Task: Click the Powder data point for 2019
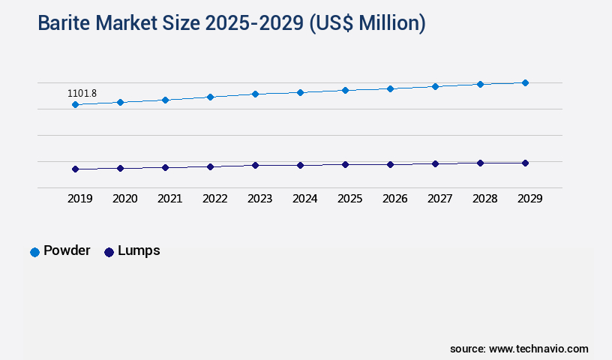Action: click(75, 104)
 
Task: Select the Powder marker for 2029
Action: click(525, 82)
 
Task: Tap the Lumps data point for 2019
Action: click(75, 169)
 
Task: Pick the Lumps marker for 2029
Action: click(525, 163)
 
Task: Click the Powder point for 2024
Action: click(300, 92)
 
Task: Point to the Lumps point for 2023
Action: click(255, 165)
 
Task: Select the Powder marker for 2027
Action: click(435, 86)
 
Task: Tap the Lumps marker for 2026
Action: click(390, 164)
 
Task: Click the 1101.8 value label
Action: click(82, 94)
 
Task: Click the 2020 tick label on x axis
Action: click(124, 199)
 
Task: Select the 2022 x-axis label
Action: click(214, 199)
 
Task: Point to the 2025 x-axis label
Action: click(349, 199)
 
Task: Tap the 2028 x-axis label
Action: click(484, 199)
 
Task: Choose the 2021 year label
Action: click(169, 199)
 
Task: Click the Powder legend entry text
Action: click(67, 250)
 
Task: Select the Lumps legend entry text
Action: click(139, 250)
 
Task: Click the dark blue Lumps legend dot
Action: click(109, 252)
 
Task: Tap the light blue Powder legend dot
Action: click(34, 252)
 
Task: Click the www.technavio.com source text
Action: click(538, 349)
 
